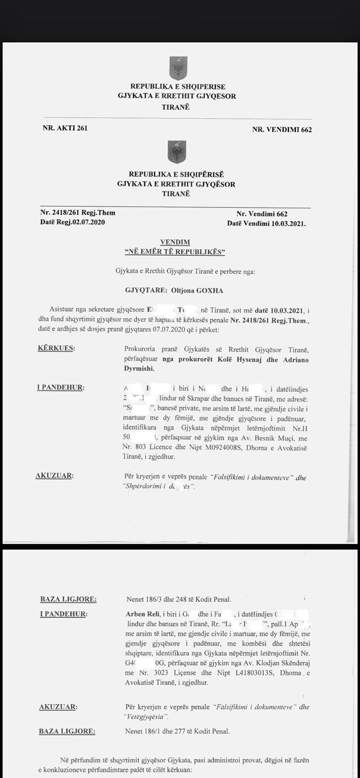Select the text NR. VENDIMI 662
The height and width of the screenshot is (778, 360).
(x=282, y=129)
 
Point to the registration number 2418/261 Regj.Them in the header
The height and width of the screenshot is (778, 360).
(x=78, y=212)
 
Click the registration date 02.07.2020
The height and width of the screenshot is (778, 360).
(x=86, y=222)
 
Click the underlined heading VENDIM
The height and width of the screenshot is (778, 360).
(x=175, y=242)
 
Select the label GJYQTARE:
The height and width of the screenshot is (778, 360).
(x=145, y=290)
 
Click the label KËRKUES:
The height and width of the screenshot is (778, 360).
(x=57, y=349)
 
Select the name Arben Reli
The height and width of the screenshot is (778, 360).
(x=141, y=614)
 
